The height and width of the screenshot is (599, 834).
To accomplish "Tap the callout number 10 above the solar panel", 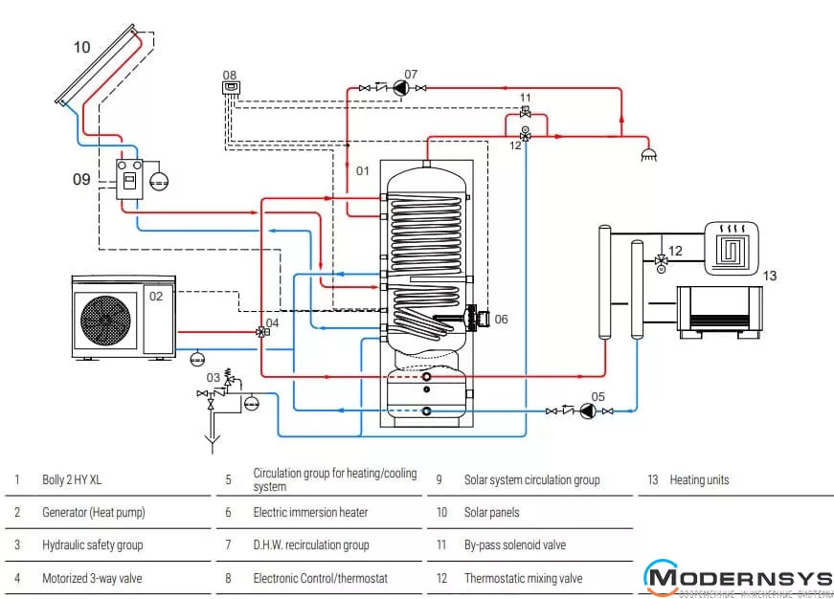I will coord(82,47).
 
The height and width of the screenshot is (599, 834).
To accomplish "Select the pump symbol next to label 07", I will coord(399,88).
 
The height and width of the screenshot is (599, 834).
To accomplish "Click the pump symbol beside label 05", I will coord(588,410).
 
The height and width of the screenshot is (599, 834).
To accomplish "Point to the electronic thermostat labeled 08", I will coord(231,88).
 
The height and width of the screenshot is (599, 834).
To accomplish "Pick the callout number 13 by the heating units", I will coord(769,276).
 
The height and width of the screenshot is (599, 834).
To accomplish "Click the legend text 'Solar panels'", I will coord(491,513).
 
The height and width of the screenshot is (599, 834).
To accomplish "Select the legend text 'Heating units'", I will coord(699,480).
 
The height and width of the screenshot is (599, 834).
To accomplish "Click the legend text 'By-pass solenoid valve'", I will coord(514,545).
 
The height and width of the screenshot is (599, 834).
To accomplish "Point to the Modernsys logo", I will coord(737,578).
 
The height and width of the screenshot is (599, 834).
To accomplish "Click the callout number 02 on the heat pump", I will coord(156,296).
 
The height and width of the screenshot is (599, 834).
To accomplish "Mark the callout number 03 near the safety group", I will coord(213,378).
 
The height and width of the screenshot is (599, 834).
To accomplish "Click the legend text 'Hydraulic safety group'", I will coord(92,545).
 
